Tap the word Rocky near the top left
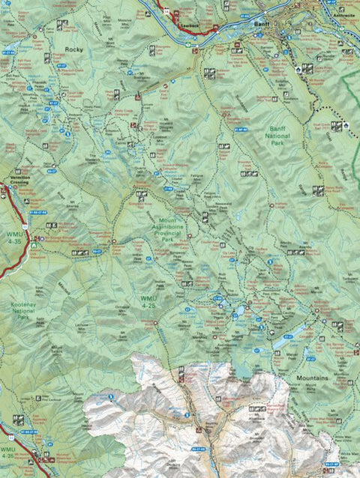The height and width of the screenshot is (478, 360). pos(73,49)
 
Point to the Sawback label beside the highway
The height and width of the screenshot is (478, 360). pos(191,25)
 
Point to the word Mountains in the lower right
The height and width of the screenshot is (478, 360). pos(311,378)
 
